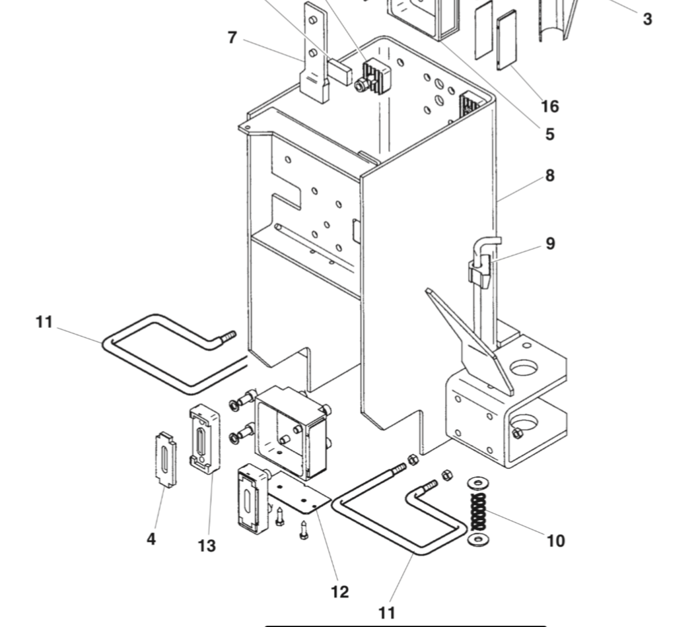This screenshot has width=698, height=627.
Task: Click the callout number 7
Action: (x=232, y=38)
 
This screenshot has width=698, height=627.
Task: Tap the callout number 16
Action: (x=549, y=106)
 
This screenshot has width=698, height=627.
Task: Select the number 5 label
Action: (x=549, y=135)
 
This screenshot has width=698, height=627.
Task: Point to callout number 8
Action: (x=550, y=176)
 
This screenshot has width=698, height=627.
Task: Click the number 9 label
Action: (x=550, y=244)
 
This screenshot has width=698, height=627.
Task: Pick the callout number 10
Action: (x=556, y=541)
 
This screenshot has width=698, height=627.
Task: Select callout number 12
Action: (x=339, y=592)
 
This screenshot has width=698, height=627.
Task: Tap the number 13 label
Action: (x=207, y=546)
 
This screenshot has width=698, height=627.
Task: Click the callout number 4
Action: (x=151, y=539)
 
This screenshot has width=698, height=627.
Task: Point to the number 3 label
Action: (x=647, y=19)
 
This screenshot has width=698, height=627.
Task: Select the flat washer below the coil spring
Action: (x=477, y=541)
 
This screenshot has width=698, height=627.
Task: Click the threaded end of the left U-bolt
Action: (x=227, y=337)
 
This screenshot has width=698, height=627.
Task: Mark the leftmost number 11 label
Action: (x=44, y=322)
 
